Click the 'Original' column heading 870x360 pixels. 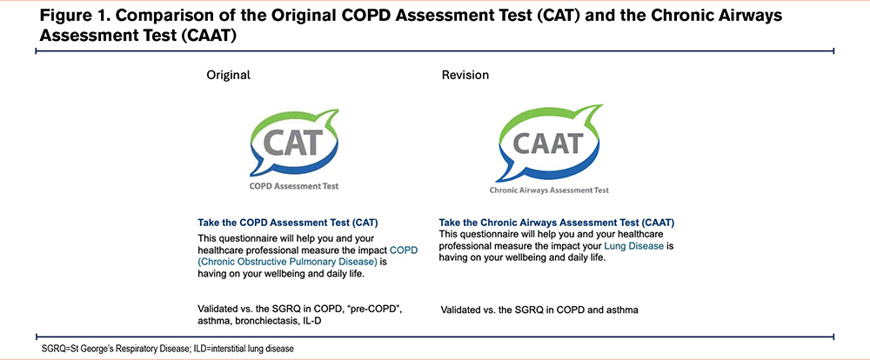(228, 75)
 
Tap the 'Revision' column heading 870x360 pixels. (465, 75)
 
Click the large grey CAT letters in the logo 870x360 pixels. (291, 142)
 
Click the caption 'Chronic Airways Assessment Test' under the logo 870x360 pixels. (549, 190)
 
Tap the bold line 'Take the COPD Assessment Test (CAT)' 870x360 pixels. (288, 223)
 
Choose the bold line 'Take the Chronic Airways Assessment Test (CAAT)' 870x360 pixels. (557, 223)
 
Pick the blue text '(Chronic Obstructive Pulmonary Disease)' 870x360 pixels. (288, 261)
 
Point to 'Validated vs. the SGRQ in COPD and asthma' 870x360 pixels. (540, 310)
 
